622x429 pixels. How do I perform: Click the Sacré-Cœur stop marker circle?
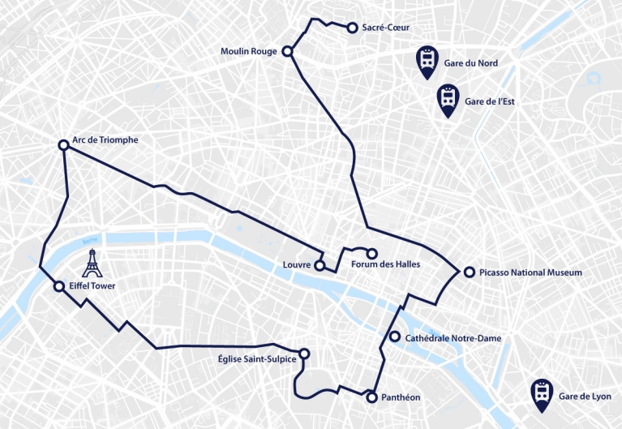coord(352,28)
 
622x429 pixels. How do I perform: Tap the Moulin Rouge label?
coord(249,52)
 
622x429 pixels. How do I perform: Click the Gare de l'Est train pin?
coord(447,100)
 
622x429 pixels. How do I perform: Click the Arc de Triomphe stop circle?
coord(63,145)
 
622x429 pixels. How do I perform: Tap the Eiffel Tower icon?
coord(93,264)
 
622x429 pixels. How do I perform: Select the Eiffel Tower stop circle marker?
coord(58,286)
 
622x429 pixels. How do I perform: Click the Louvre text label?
coord(298,265)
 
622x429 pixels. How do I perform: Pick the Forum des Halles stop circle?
coord(372,253)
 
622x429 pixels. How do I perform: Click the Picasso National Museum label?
coord(530,272)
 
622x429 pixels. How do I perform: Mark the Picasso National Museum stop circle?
coord(468,272)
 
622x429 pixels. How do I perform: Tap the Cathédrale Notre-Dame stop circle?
coord(395,337)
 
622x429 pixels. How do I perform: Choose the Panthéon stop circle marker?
coord(371,397)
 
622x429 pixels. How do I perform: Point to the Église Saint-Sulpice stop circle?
coord(305,354)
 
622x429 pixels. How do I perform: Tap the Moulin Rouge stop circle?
coord(286,52)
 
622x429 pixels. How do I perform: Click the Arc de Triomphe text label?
coord(105,139)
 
